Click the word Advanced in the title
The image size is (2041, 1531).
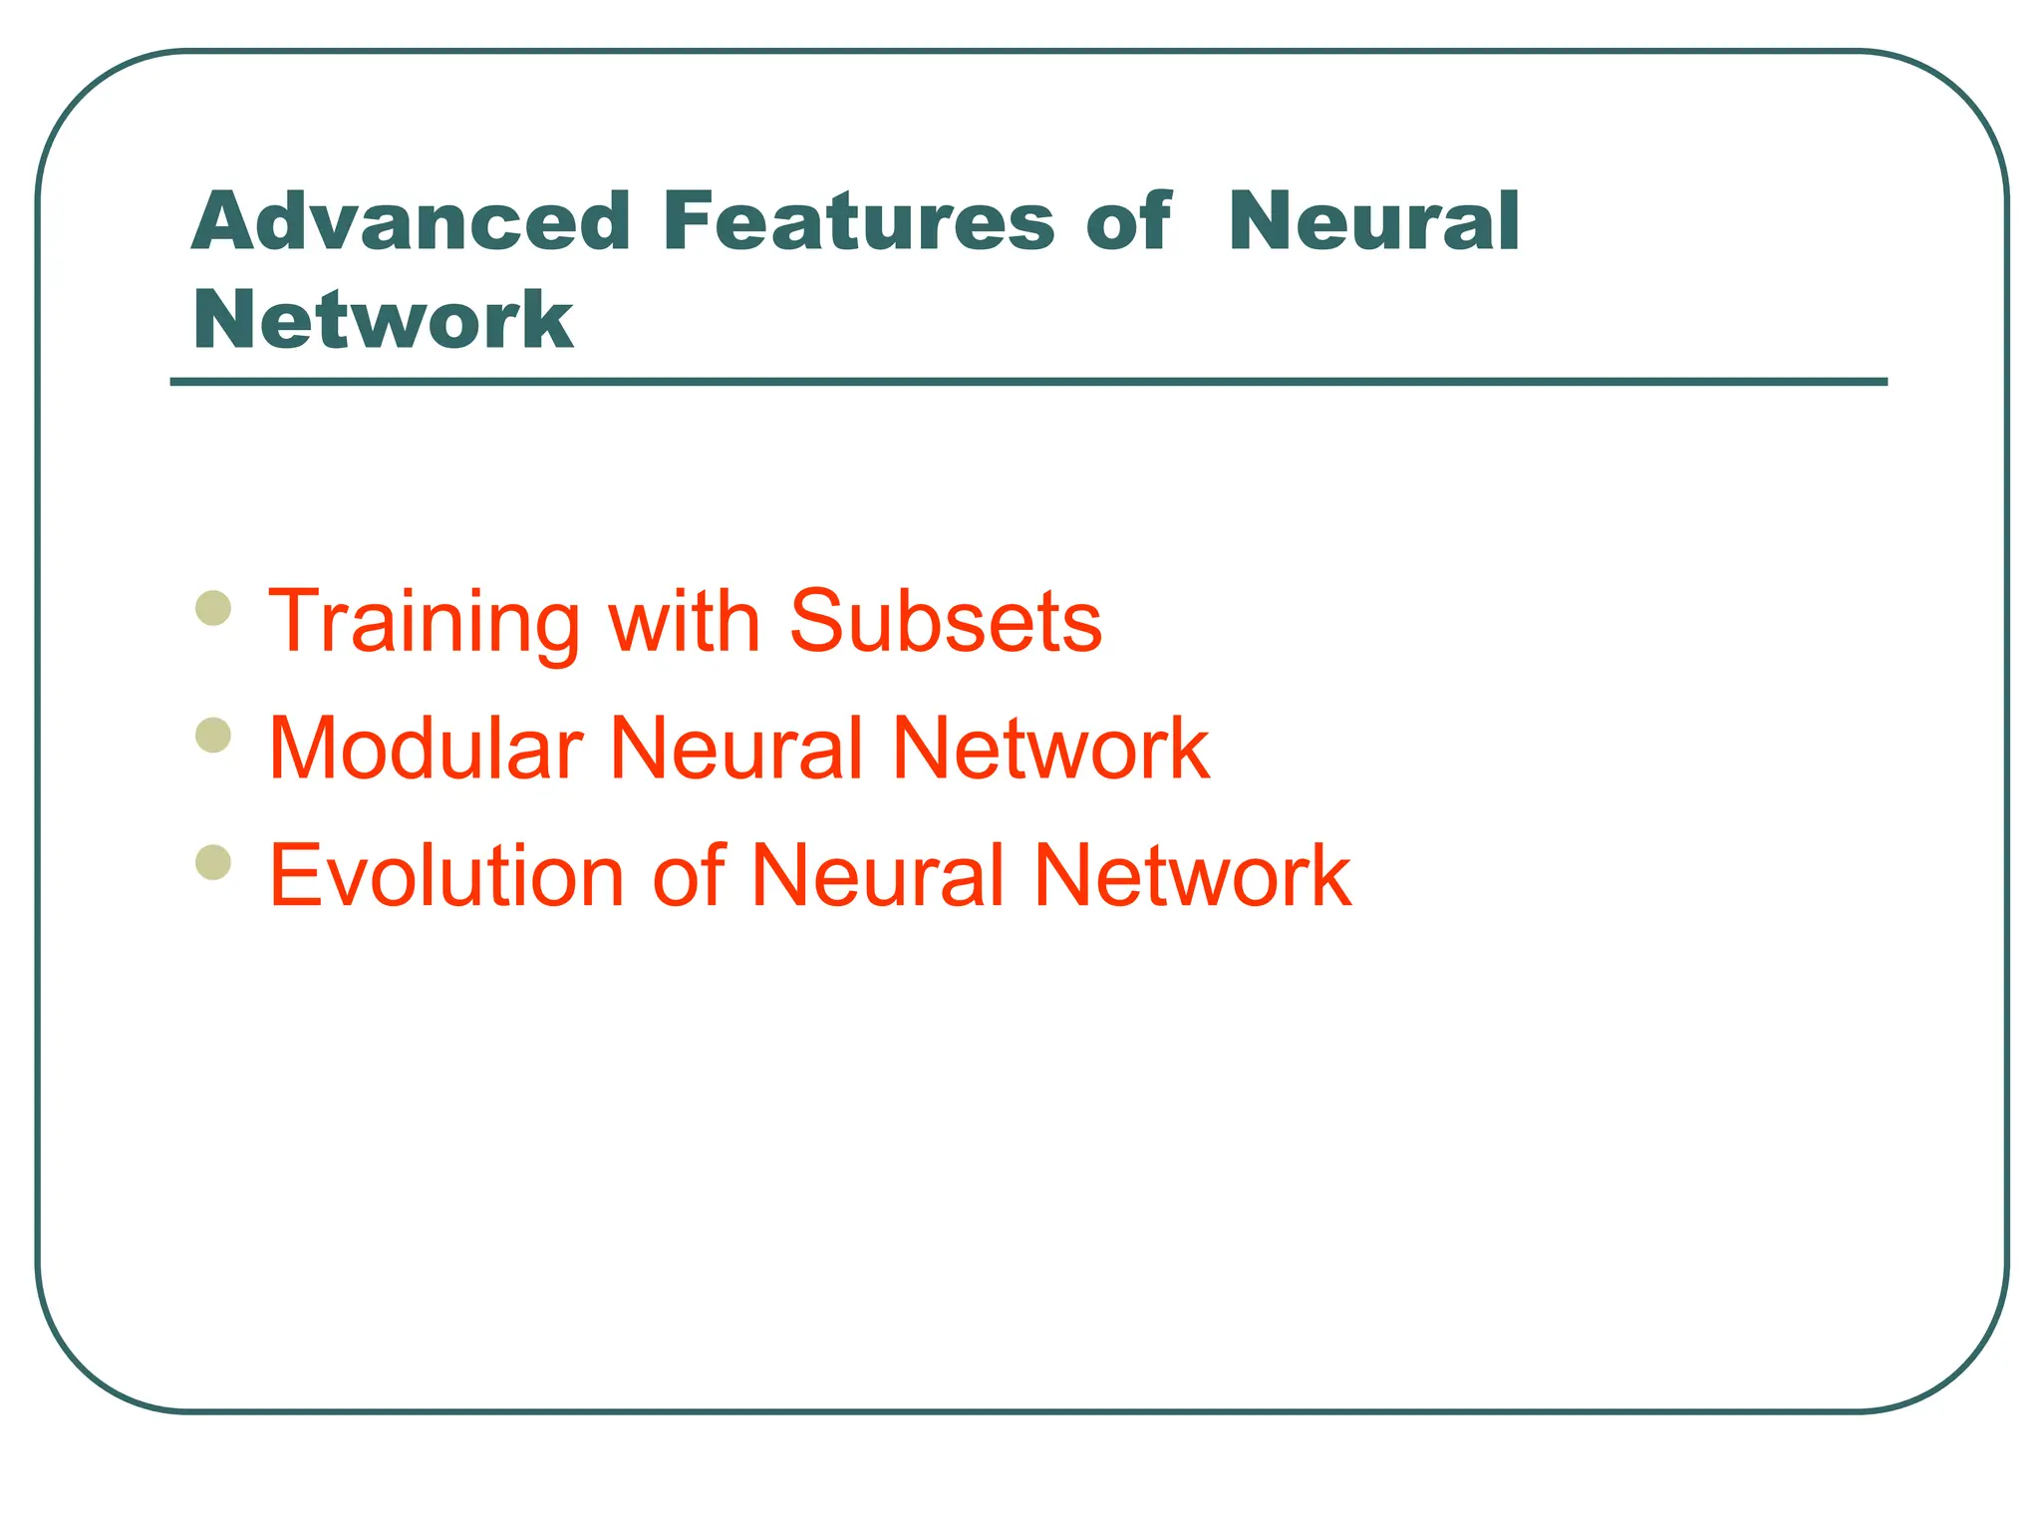click(x=411, y=221)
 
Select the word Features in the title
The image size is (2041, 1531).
click(x=857, y=221)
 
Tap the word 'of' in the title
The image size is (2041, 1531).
click(x=1127, y=221)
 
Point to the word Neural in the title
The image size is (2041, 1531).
click(x=1373, y=221)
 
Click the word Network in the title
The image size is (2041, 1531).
click(x=384, y=319)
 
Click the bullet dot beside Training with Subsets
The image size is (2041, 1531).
click(x=213, y=607)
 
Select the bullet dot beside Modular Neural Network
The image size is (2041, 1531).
click(x=213, y=736)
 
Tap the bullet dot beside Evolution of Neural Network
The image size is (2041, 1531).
click(x=213, y=862)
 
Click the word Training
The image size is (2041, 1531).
click(x=424, y=623)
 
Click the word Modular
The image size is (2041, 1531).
click(x=426, y=749)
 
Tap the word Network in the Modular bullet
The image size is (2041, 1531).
click(x=1050, y=749)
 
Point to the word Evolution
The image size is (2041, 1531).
click(x=446, y=875)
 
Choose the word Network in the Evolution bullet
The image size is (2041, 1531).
click(x=1192, y=875)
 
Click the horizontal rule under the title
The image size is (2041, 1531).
click(x=1028, y=382)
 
